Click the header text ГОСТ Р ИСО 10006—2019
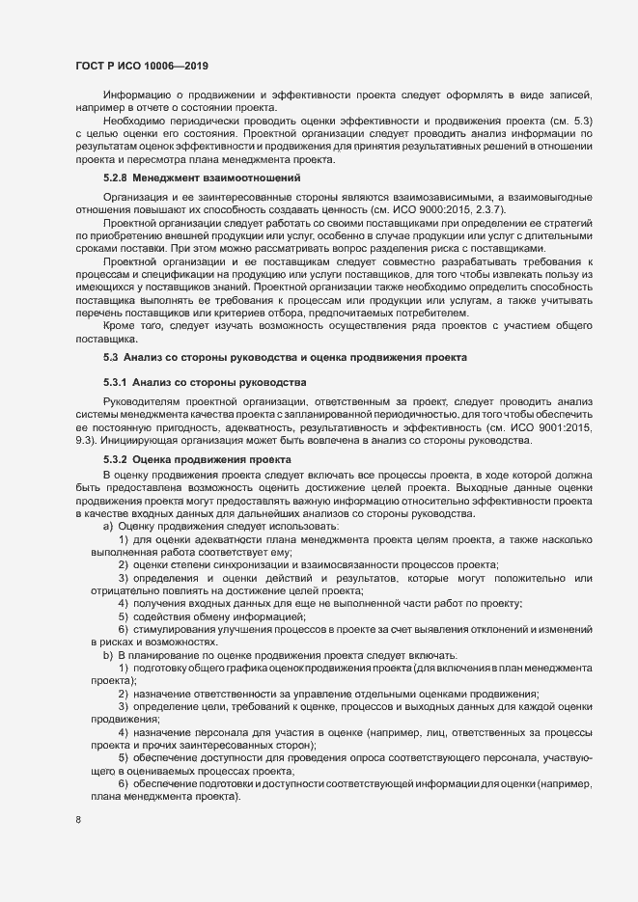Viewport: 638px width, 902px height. (x=142, y=66)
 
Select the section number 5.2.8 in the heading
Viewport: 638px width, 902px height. (x=116, y=178)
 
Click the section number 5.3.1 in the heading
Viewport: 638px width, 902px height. (x=116, y=383)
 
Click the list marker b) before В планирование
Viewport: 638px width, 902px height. (x=107, y=655)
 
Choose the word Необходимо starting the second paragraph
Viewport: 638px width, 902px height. (x=137, y=120)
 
